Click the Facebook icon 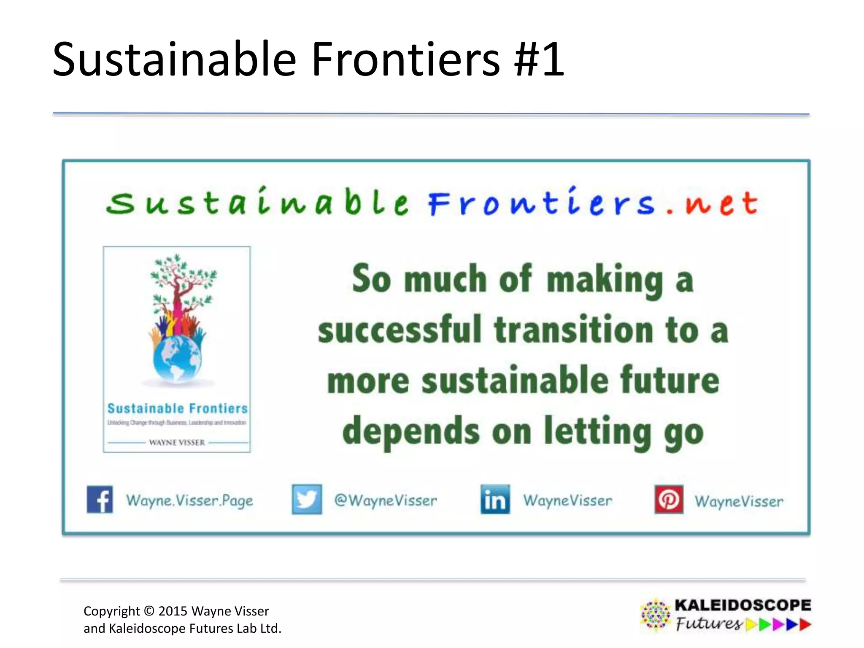pos(100,499)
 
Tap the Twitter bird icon pos(307,499)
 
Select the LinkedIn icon pos(495,499)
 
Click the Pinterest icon pos(669,499)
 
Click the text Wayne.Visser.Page pos(189,501)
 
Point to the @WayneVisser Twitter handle pos(386,500)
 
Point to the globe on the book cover pos(177,359)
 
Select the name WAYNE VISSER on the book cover pos(177,443)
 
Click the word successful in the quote pos(400,330)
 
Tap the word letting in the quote pos(598,431)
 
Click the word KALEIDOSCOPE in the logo pos(742,605)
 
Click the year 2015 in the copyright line pos(173,611)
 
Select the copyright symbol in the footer pos(149,611)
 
